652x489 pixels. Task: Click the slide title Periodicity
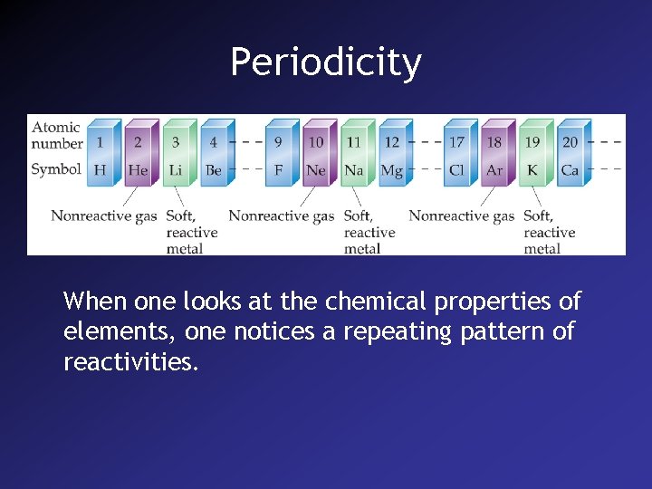(325, 62)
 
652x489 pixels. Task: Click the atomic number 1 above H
(100, 142)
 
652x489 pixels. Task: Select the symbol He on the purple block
(138, 169)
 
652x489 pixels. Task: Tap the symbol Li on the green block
(176, 169)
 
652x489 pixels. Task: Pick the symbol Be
(214, 169)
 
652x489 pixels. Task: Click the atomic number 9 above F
(278, 142)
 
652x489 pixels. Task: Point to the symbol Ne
(316, 169)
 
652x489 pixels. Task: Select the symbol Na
(354, 169)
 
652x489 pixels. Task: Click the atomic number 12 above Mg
(392, 142)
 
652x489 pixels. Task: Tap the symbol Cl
(457, 169)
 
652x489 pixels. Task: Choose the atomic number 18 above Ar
(494, 142)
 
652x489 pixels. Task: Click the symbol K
(532, 169)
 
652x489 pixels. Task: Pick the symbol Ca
(570, 169)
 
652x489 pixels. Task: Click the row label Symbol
(56, 168)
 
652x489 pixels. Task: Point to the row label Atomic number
(56, 135)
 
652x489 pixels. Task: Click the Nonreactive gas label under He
(103, 216)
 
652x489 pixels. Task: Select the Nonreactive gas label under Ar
(461, 216)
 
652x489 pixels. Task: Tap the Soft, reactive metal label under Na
(368, 232)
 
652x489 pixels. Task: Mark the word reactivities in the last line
(130, 362)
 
